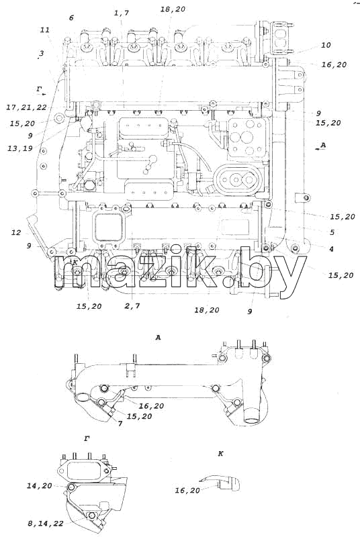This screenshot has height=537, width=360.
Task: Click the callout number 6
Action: click(x=71, y=17)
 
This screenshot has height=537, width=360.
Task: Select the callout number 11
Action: click(x=45, y=30)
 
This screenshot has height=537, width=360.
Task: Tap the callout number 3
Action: click(x=42, y=54)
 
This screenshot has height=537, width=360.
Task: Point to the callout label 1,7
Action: click(x=122, y=13)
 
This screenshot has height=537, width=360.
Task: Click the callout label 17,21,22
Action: click(x=26, y=107)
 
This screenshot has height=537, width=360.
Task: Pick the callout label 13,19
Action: click(x=20, y=148)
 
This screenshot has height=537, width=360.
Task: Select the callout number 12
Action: click(x=16, y=233)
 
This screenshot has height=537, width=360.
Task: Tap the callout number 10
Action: click(x=326, y=45)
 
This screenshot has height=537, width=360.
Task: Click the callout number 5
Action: click(x=332, y=232)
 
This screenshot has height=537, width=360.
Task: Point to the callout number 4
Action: click(x=331, y=249)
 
